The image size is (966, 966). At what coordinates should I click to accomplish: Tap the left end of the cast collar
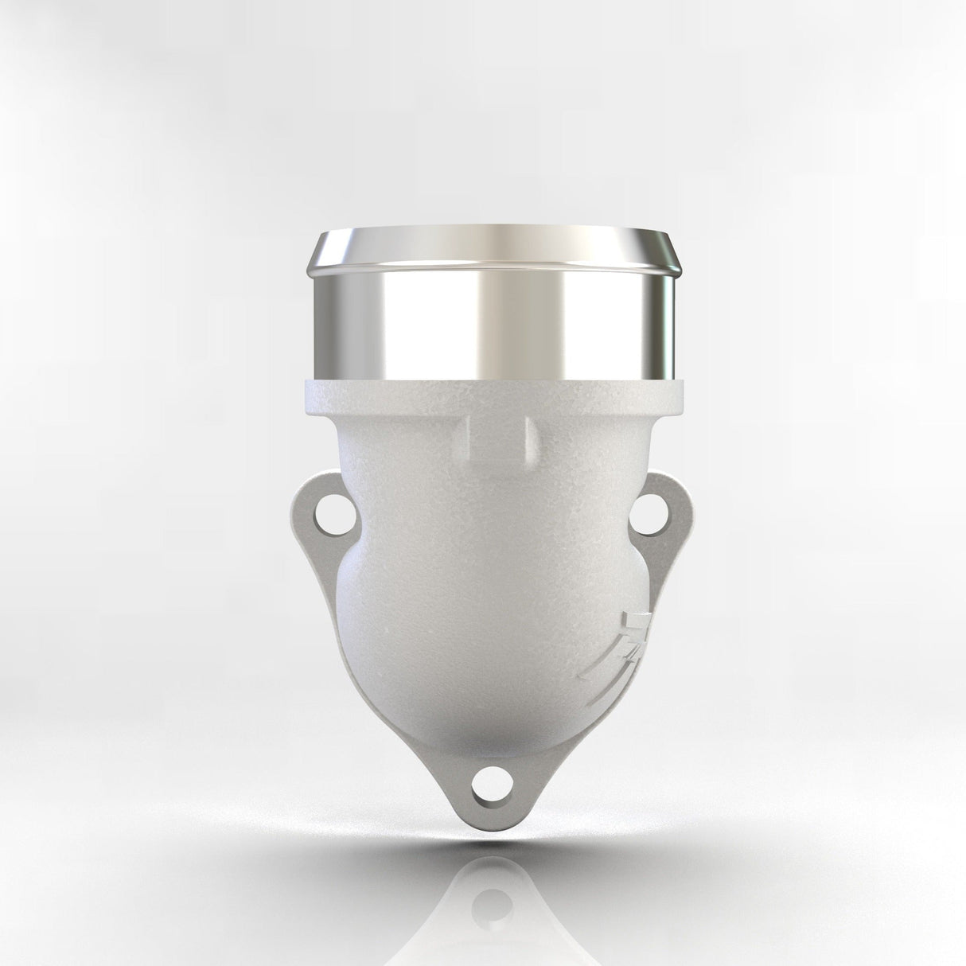tap(306, 398)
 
